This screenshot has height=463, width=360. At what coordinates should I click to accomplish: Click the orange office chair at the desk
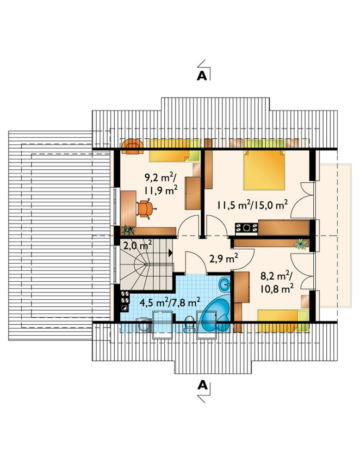145,209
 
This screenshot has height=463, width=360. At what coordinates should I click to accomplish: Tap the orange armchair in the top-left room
133,146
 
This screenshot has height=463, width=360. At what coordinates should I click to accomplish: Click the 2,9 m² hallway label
224,258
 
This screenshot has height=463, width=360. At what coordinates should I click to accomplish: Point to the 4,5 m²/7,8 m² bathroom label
170,303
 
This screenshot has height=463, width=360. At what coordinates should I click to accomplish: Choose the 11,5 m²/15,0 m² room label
252,205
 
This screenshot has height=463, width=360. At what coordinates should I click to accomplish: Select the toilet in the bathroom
189,324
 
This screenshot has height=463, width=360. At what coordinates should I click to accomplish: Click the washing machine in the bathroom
144,325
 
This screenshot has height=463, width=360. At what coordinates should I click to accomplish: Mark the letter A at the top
202,76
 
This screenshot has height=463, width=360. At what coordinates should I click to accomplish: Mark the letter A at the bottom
202,385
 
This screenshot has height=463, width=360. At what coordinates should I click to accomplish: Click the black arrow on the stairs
170,253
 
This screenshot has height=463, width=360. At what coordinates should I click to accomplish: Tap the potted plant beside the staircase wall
128,230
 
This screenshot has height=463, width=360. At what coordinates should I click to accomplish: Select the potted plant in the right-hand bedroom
301,244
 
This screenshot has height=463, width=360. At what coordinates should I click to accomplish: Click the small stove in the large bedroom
246,229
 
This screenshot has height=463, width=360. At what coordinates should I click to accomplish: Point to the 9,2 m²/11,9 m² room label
161,184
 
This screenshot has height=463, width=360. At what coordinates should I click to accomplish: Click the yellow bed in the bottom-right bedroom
283,320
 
